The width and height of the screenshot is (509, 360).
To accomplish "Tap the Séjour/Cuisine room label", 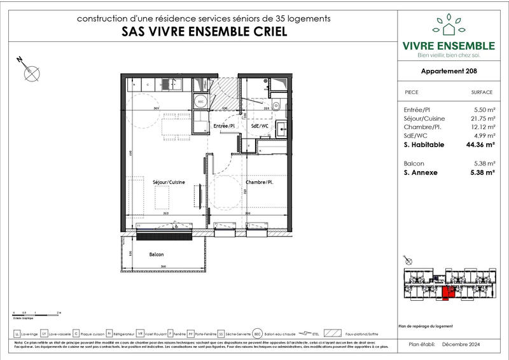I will (x=169, y=183).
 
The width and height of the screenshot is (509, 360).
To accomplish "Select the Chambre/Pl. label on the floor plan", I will (x=259, y=183).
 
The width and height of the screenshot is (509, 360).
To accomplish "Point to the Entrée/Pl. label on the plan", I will (x=224, y=127).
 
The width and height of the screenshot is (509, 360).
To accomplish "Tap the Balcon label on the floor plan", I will (x=157, y=254).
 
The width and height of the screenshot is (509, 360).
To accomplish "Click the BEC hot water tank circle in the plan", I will (x=200, y=102).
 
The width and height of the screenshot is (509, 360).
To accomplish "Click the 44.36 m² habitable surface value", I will (x=480, y=144).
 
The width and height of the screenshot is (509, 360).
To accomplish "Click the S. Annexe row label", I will (x=421, y=172).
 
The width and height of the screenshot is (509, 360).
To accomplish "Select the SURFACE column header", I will (x=482, y=92).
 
